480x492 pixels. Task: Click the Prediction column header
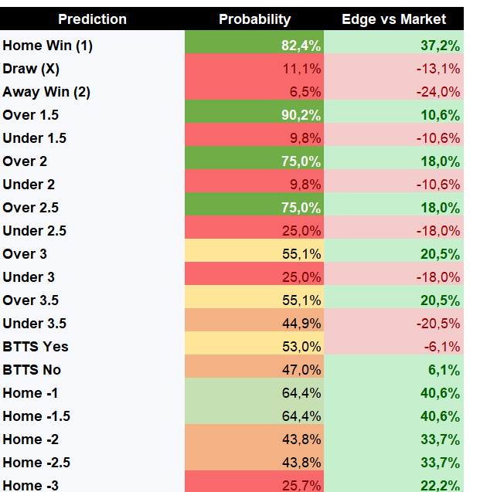(92, 19)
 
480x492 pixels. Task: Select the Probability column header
(254, 19)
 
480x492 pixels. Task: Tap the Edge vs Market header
(393, 19)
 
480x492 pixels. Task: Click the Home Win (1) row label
(47, 46)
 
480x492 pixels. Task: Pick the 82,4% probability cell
(301, 46)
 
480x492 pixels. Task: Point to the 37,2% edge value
(440, 46)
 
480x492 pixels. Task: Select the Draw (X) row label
(31, 69)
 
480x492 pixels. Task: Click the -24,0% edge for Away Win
(438, 92)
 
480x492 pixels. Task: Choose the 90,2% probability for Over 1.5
(301, 115)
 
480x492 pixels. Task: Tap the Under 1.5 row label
(35, 138)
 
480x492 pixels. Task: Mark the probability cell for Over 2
(301, 161)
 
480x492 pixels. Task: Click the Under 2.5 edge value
(438, 231)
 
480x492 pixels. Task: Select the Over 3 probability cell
(301, 254)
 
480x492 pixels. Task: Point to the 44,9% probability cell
(301, 324)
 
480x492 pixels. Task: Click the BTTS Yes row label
(36, 347)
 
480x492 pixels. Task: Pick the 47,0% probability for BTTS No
(301, 370)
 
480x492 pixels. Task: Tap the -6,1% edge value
(442, 347)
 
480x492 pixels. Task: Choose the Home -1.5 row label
(36, 416)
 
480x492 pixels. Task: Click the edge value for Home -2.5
(440, 463)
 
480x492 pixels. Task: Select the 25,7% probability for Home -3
(301, 485)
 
